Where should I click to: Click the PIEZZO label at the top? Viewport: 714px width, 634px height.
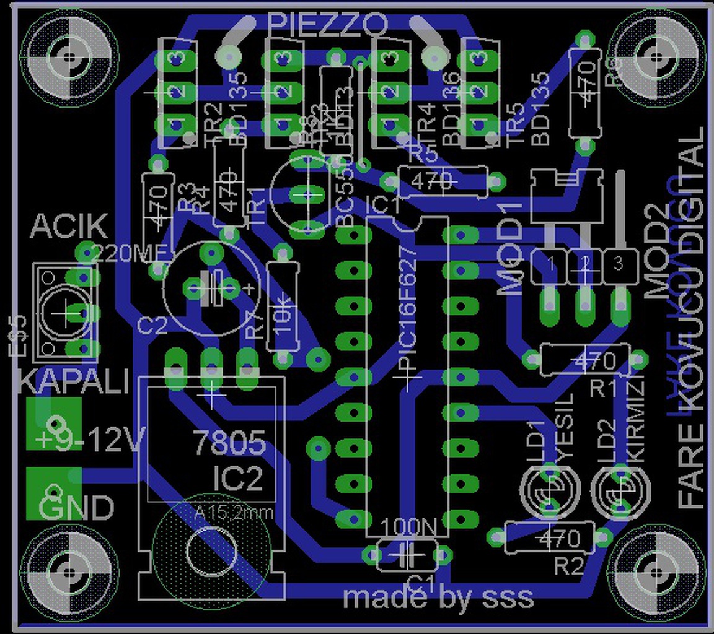click(x=328, y=25)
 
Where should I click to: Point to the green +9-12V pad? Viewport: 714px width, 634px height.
click(x=54, y=423)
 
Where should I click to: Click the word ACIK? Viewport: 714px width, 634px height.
click(x=69, y=227)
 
